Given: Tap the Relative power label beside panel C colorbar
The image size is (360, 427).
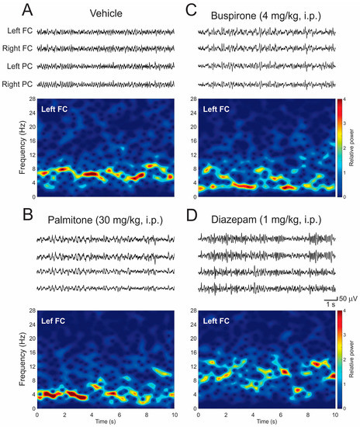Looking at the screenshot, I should pyautogui.click(x=354, y=148).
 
